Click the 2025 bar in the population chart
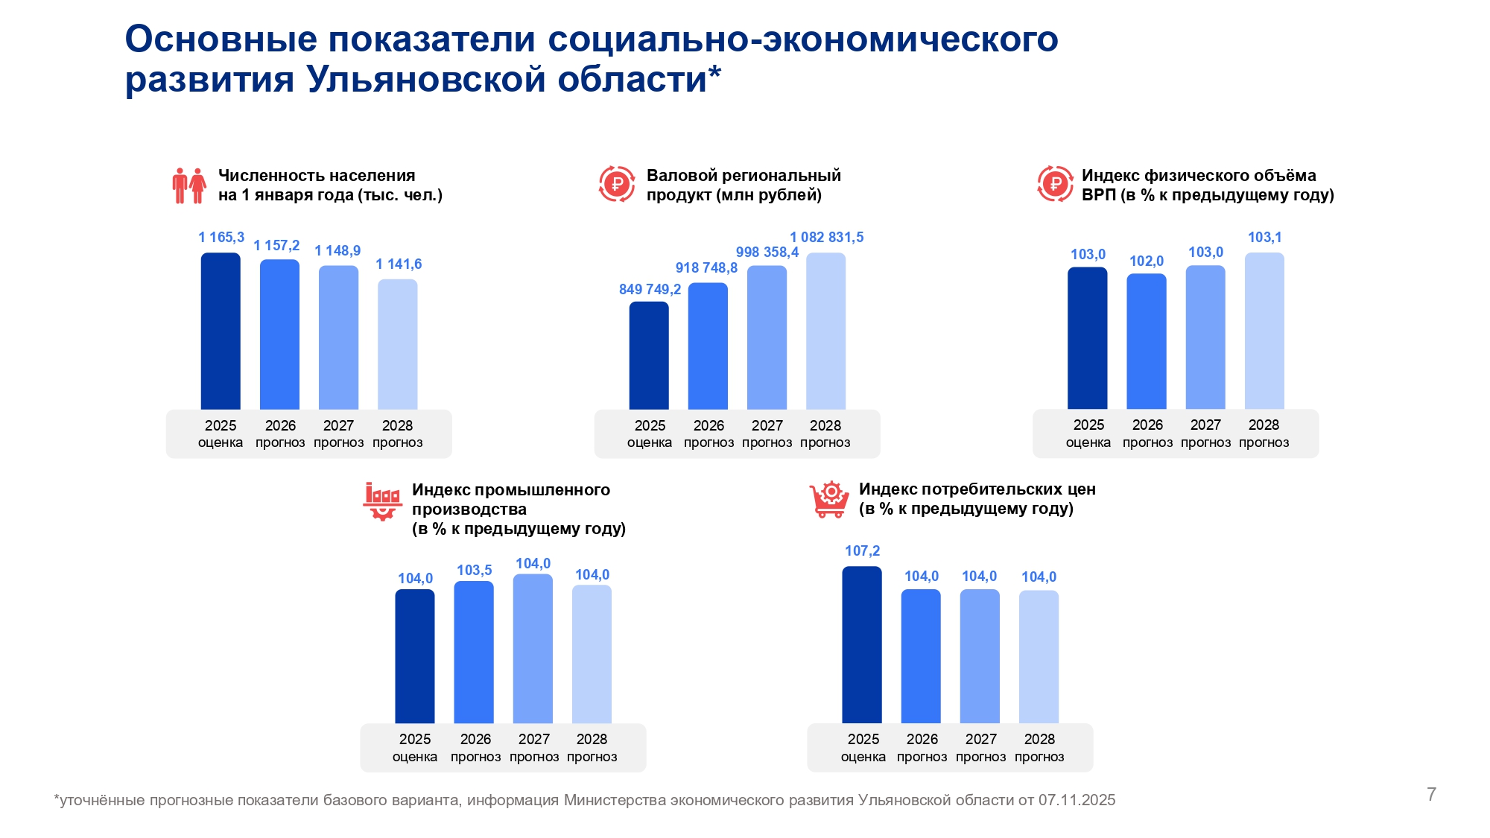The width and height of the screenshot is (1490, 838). click(x=221, y=331)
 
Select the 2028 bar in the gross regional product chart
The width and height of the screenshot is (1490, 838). click(x=825, y=331)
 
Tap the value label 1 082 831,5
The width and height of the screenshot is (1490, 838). click(x=826, y=238)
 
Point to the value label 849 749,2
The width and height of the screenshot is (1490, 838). click(x=650, y=290)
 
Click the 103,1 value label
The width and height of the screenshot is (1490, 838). click(x=1264, y=238)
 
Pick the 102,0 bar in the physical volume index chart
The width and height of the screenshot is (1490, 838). click(x=1147, y=341)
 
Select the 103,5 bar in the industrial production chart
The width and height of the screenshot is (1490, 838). click(x=474, y=652)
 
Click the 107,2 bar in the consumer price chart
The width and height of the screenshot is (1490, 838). click(x=862, y=644)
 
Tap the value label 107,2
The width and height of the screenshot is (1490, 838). click(x=862, y=551)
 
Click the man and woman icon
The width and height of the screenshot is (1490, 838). click(x=189, y=185)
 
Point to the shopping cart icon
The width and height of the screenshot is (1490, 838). click(x=829, y=500)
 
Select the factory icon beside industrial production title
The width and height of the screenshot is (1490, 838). click(x=382, y=501)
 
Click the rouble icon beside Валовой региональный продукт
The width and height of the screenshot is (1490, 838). click(x=617, y=184)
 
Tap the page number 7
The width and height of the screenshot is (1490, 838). click(x=1431, y=794)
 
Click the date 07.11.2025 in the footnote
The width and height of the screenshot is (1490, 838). click(x=1077, y=800)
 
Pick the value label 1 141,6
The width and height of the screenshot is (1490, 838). click(x=399, y=264)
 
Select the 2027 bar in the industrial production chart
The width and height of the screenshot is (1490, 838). click(x=533, y=648)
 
